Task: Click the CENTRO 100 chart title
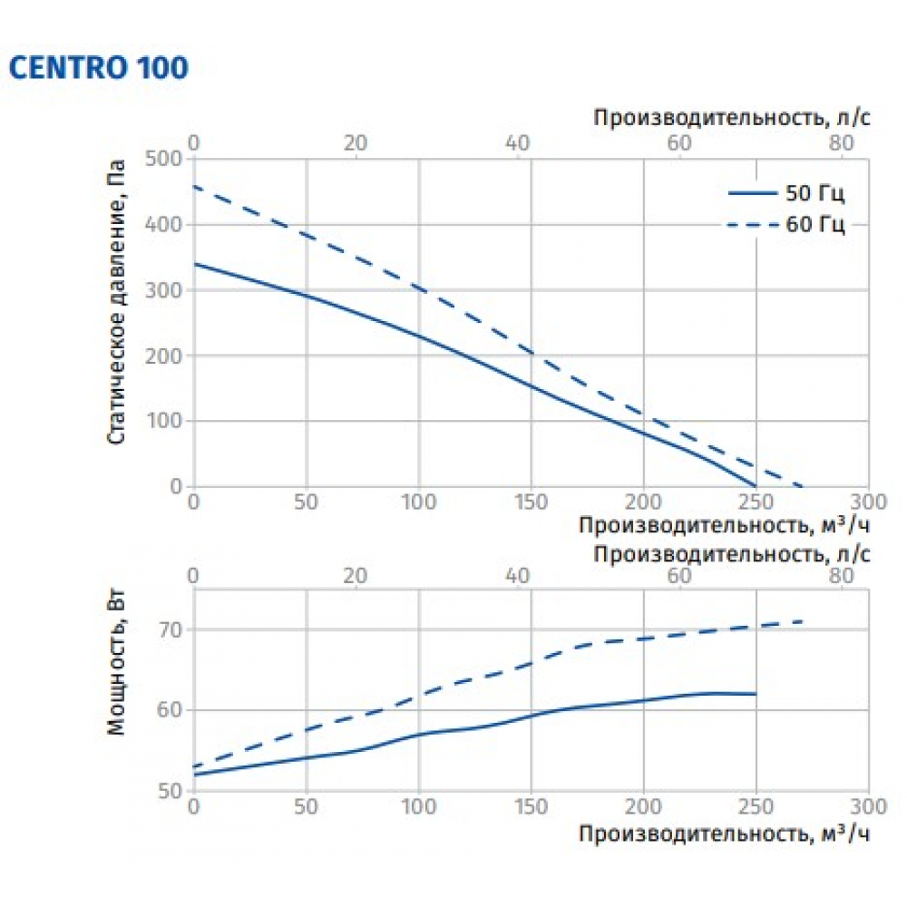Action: click(98, 69)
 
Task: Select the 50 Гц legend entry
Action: click(786, 193)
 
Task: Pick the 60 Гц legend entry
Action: click(786, 225)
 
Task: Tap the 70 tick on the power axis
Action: click(172, 629)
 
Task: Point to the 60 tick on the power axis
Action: click(172, 710)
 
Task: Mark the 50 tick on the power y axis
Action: click(172, 791)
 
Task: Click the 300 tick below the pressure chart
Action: click(867, 502)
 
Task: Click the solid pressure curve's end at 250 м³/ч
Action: click(756, 486)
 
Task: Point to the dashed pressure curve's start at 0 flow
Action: click(193, 187)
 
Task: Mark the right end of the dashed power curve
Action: click(802, 621)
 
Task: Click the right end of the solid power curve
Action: click(756, 694)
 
